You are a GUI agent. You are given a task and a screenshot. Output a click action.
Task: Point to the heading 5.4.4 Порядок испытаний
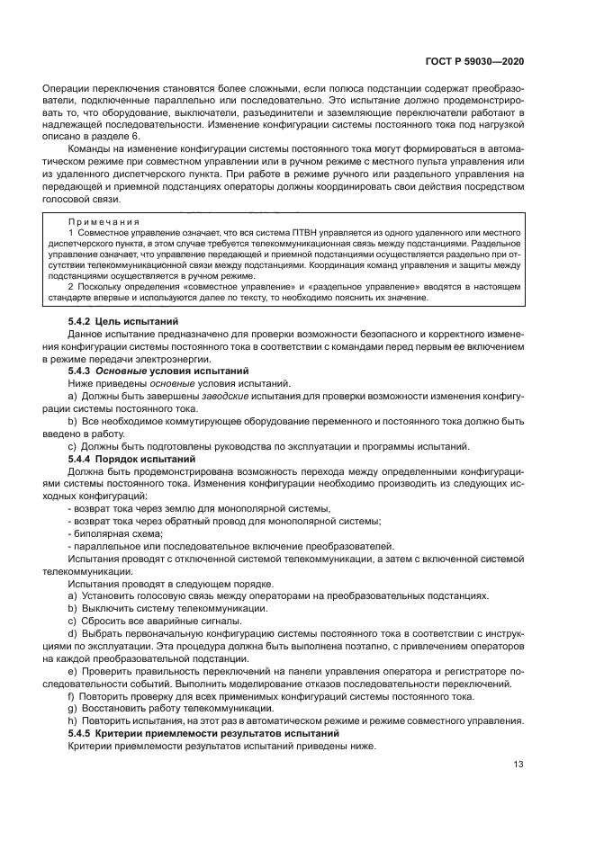pyautogui.click(x=131, y=459)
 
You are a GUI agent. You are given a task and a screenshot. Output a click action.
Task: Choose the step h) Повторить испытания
pyautogui.click(x=296, y=721)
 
